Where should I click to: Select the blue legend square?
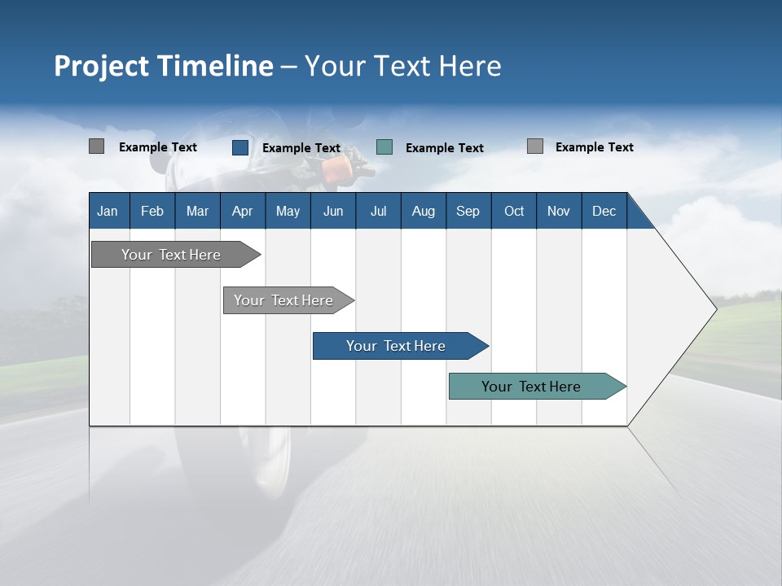point(240,147)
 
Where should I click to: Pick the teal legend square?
point(384,147)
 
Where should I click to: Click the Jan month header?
point(108,211)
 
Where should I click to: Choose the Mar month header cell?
point(197,211)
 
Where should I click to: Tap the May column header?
point(288,211)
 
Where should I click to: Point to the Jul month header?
point(378,211)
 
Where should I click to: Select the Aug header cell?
point(423,211)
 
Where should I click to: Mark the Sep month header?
point(468,211)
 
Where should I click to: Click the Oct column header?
point(514,211)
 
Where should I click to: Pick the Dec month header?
point(604,211)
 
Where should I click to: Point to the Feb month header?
point(152,211)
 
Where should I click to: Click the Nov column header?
point(558,211)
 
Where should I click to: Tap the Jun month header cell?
point(333,211)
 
